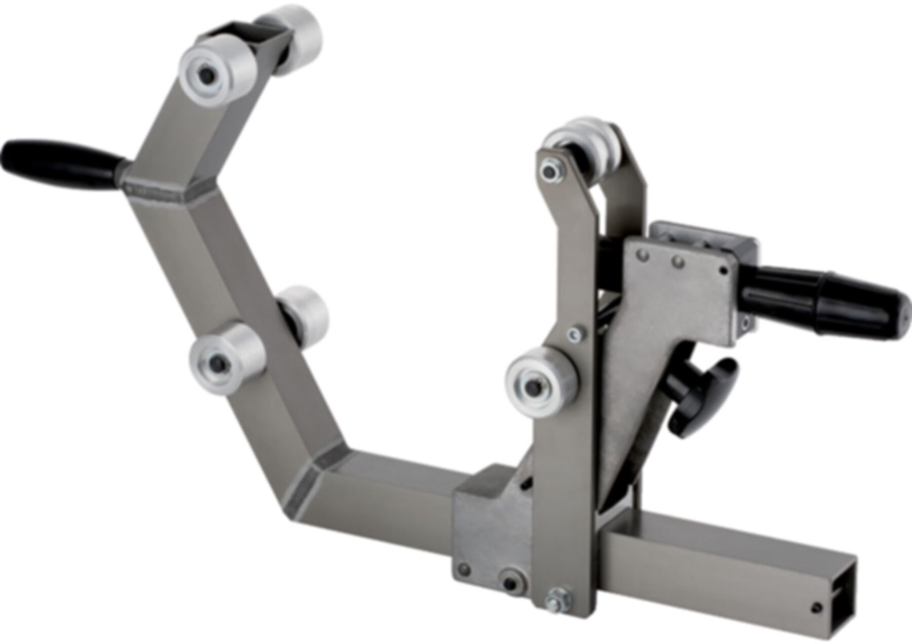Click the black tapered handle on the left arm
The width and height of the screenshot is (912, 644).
pos(61,158)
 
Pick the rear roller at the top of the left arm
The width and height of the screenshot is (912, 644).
pos(296,38)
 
